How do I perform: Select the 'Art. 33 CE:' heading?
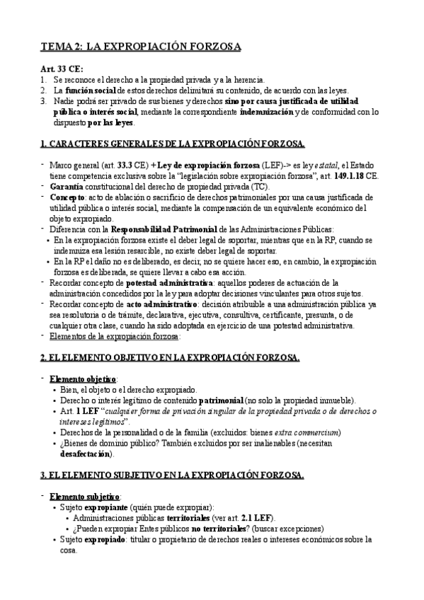click(x=62, y=69)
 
